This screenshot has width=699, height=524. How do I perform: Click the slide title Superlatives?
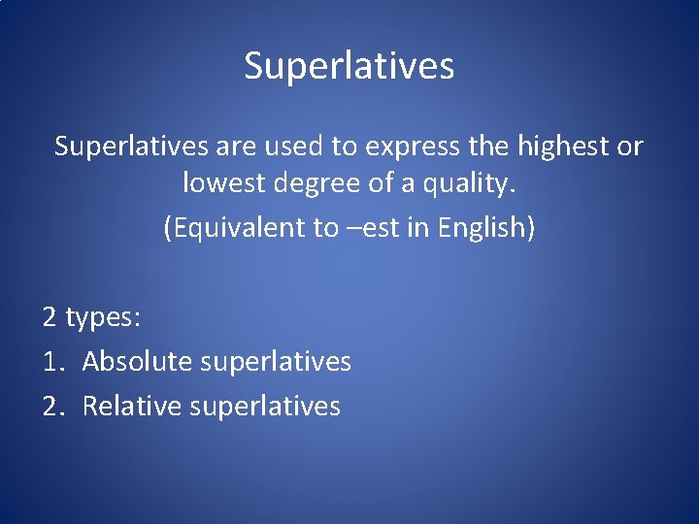point(349,66)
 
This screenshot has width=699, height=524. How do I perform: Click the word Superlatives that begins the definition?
point(131,147)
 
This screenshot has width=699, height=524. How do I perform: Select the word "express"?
point(407,147)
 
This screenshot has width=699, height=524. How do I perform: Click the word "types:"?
point(103,317)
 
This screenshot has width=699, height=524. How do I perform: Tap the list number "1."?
point(53,362)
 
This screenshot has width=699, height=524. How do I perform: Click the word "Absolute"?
point(137,362)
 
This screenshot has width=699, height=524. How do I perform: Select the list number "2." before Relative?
point(53,406)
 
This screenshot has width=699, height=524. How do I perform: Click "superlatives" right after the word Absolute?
point(275,362)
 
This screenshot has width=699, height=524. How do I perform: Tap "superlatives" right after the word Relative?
point(265,406)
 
